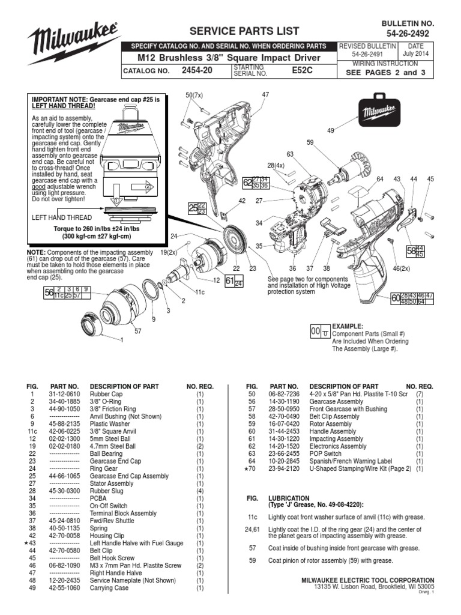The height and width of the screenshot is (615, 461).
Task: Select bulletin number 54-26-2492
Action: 408,34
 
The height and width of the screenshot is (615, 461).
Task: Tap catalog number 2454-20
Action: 197,70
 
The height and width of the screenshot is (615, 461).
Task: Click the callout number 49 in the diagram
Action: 331,130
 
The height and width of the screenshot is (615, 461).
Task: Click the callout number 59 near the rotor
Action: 310,142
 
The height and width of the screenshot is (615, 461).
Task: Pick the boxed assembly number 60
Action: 396,298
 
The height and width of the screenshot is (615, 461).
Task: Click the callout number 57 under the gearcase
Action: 137,332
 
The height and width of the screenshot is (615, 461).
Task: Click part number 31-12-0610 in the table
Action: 64,394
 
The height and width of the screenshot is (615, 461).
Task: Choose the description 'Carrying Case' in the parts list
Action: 109,588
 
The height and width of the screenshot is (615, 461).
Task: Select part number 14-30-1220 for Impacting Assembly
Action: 284,439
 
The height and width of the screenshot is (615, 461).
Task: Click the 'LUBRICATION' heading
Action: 289,498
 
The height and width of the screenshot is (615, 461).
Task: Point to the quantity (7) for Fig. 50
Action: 420,394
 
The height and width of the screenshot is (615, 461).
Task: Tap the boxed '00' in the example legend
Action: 316,332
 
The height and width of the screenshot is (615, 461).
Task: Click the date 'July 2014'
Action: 415,53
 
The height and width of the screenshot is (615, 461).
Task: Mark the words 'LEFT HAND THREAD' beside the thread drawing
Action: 62,217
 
